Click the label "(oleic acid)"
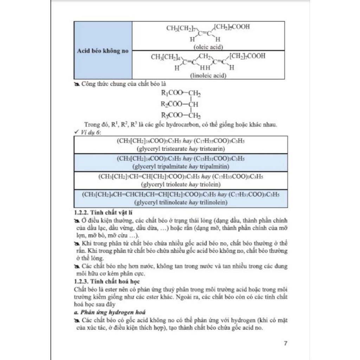click(208, 47)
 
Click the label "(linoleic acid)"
click(208, 75)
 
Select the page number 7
click(285, 343)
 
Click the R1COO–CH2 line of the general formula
click(181, 93)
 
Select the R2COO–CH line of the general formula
click(179, 104)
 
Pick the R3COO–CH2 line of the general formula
click(181, 115)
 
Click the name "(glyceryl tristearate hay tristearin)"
click(181, 148)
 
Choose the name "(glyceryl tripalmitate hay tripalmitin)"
click(181, 166)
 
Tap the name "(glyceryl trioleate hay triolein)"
click(181, 184)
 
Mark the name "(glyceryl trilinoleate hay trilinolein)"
click(181, 202)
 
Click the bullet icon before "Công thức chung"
click(77, 84)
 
